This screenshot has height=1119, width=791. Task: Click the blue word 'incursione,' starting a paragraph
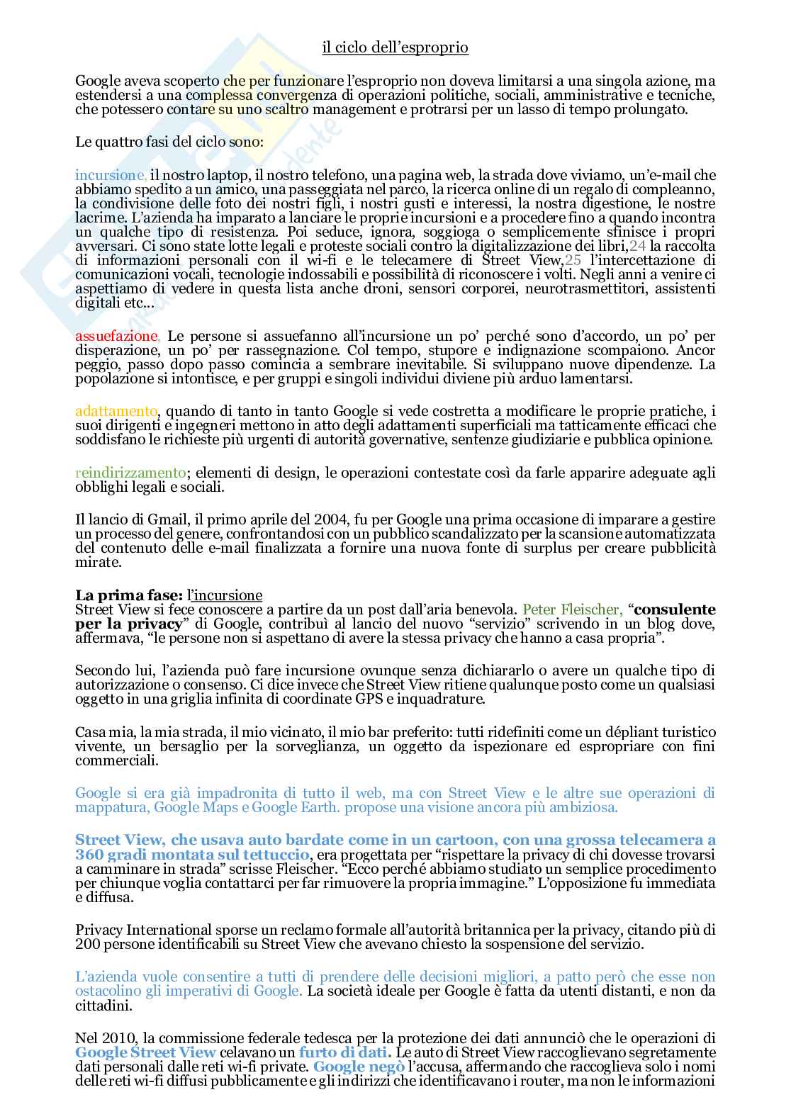[111, 175]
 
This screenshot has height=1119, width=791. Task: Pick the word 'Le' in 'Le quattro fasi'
[84, 141]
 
